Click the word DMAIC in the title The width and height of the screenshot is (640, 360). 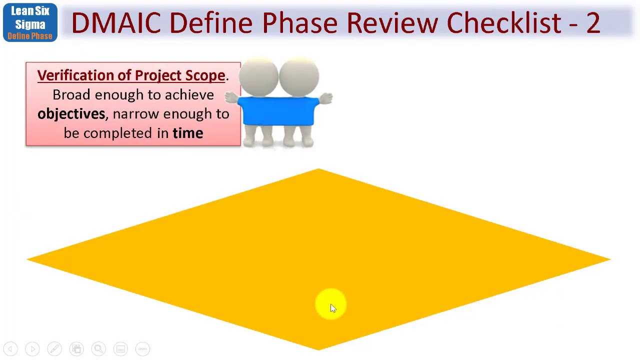[x=116, y=23]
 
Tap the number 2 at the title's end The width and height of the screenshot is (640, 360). [x=592, y=23]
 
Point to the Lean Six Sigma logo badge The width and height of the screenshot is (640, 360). [x=30, y=22]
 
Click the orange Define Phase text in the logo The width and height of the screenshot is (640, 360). [x=30, y=36]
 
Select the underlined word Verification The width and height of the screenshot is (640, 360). [x=75, y=75]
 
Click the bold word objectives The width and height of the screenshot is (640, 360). [x=71, y=114]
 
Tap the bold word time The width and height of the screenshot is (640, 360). [x=187, y=133]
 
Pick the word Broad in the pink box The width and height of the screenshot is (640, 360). [x=71, y=95]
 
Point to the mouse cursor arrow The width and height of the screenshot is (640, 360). [x=333, y=308]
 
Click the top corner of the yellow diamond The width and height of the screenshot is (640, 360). [x=318, y=170]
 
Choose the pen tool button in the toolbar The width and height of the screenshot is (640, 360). [x=54, y=349]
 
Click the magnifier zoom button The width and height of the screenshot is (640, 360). [x=98, y=349]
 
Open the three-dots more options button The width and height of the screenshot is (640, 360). [x=142, y=349]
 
